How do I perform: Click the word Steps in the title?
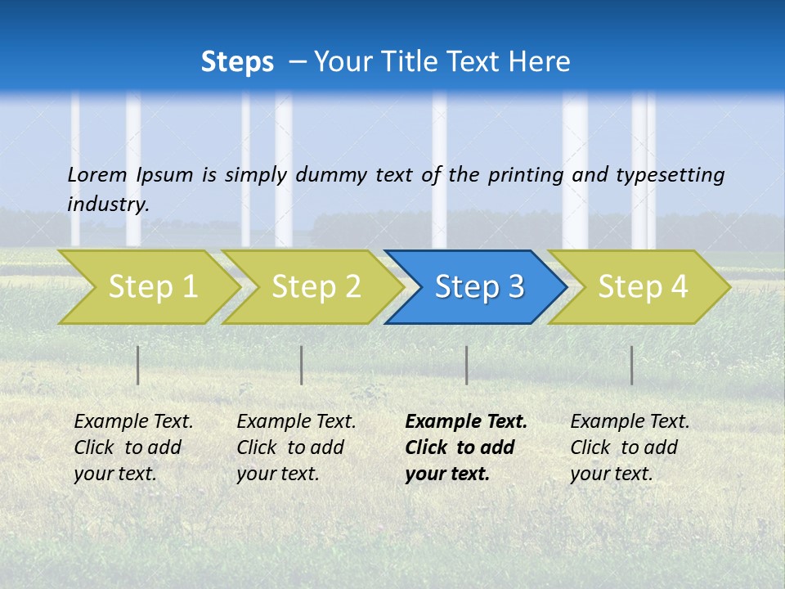click(237, 62)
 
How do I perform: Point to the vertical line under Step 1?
click(138, 365)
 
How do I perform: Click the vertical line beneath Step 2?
click(302, 365)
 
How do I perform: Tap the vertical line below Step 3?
click(466, 365)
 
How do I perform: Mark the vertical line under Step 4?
click(631, 365)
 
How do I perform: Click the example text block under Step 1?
click(133, 447)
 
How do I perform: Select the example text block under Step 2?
click(296, 447)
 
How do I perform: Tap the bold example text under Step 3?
click(466, 447)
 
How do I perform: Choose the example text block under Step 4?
click(630, 447)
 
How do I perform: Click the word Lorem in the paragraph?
click(97, 174)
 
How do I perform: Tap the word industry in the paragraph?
click(108, 204)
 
